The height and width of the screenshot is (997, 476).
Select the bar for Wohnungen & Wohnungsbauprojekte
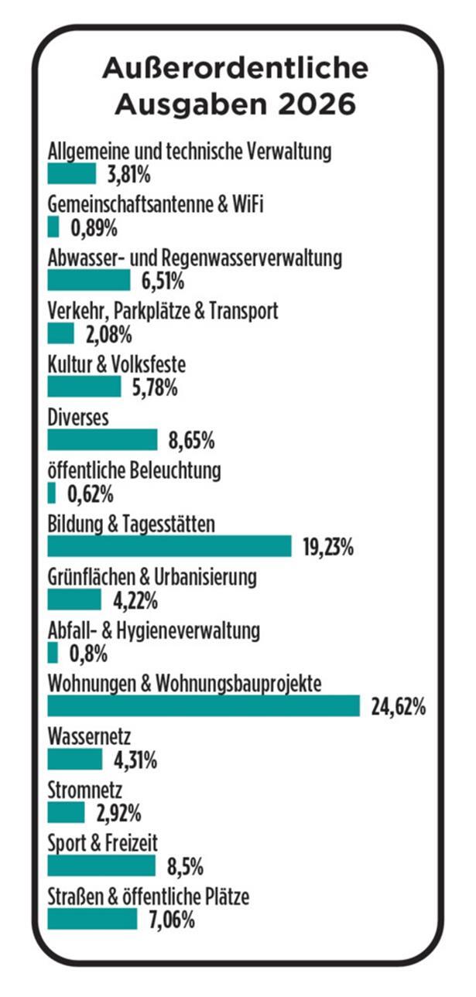tap(204, 706)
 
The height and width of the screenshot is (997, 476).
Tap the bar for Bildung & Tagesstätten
tap(170, 547)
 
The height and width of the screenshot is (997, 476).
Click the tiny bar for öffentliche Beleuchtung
tap(52, 493)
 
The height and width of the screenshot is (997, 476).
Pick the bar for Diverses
tap(102, 440)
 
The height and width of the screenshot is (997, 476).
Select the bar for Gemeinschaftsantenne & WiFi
tap(53, 227)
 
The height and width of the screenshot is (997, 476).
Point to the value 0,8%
tap(87, 654)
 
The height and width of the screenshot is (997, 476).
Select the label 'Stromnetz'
tap(84, 790)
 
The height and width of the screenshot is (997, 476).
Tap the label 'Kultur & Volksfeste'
tap(116, 364)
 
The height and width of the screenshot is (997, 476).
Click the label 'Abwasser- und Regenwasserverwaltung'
tap(194, 258)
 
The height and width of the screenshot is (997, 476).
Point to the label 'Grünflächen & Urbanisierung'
tap(152, 577)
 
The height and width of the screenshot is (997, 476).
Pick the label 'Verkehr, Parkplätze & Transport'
tap(163, 311)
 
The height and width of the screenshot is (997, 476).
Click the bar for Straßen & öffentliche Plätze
tap(92, 919)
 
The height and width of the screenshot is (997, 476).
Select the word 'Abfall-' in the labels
tap(70, 630)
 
